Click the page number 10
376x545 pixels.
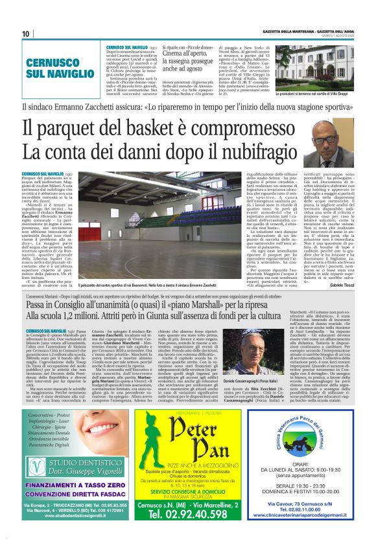click(25, 34)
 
